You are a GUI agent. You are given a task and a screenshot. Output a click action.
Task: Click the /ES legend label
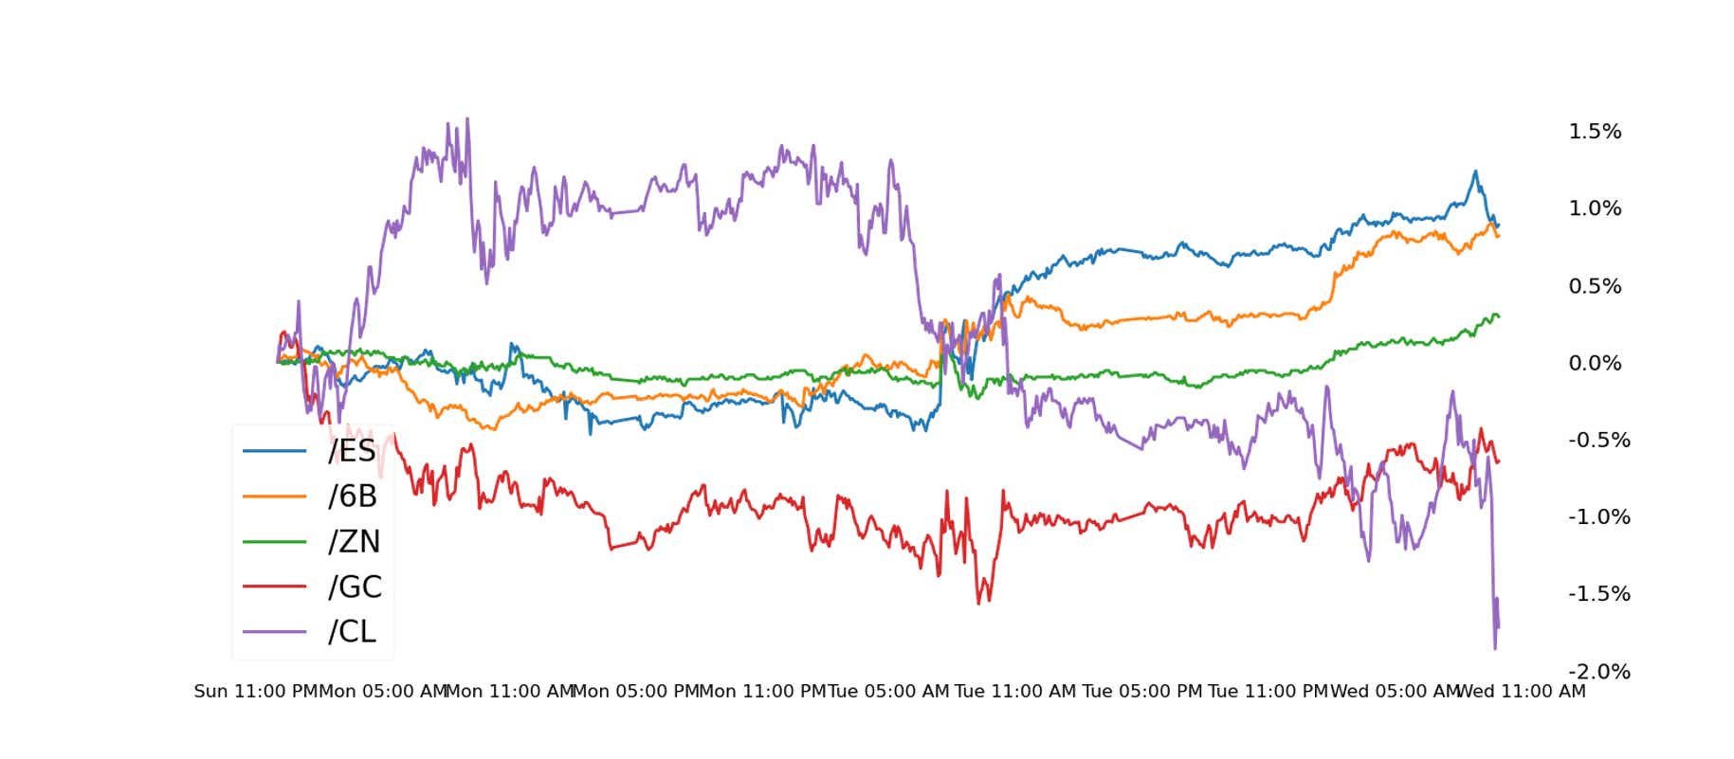(x=352, y=451)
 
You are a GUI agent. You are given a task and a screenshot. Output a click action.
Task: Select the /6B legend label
(x=352, y=496)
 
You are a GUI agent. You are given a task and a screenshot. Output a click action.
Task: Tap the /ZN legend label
(x=354, y=541)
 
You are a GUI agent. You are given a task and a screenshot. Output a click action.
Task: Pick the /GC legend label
(x=355, y=587)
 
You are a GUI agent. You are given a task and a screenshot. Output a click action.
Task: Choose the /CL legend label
(x=352, y=631)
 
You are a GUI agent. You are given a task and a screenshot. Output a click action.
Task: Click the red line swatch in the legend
(x=274, y=587)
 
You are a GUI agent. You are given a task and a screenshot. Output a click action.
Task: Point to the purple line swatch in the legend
(x=274, y=632)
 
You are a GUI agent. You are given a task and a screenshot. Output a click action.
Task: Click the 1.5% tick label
(x=1595, y=132)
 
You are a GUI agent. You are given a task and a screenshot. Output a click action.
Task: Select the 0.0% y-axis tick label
(x=1595, y=363)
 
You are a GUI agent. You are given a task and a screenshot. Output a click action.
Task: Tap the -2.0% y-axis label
(x=1598, y=672)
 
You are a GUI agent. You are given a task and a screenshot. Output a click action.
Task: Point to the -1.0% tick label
(x=1598, y=517)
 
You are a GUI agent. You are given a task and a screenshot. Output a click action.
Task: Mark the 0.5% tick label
(x=1595, y=286)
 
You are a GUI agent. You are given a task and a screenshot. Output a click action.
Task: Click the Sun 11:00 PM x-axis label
(x=256, y=692)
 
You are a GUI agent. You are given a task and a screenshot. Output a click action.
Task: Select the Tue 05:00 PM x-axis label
(x=1141, y=692)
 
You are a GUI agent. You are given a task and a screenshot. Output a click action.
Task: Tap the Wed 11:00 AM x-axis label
(x=1521, y=692)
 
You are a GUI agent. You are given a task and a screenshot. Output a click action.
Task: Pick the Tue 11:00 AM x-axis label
(x=1014, y=692)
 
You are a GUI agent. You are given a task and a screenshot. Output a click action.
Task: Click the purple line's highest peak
(x=467, y=119)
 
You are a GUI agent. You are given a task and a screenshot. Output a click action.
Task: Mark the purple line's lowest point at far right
(x=1495, y=649)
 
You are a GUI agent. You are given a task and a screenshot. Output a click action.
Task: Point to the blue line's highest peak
(x=1474, y=172)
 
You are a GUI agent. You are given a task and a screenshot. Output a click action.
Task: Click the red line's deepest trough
(x=979, y=604)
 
